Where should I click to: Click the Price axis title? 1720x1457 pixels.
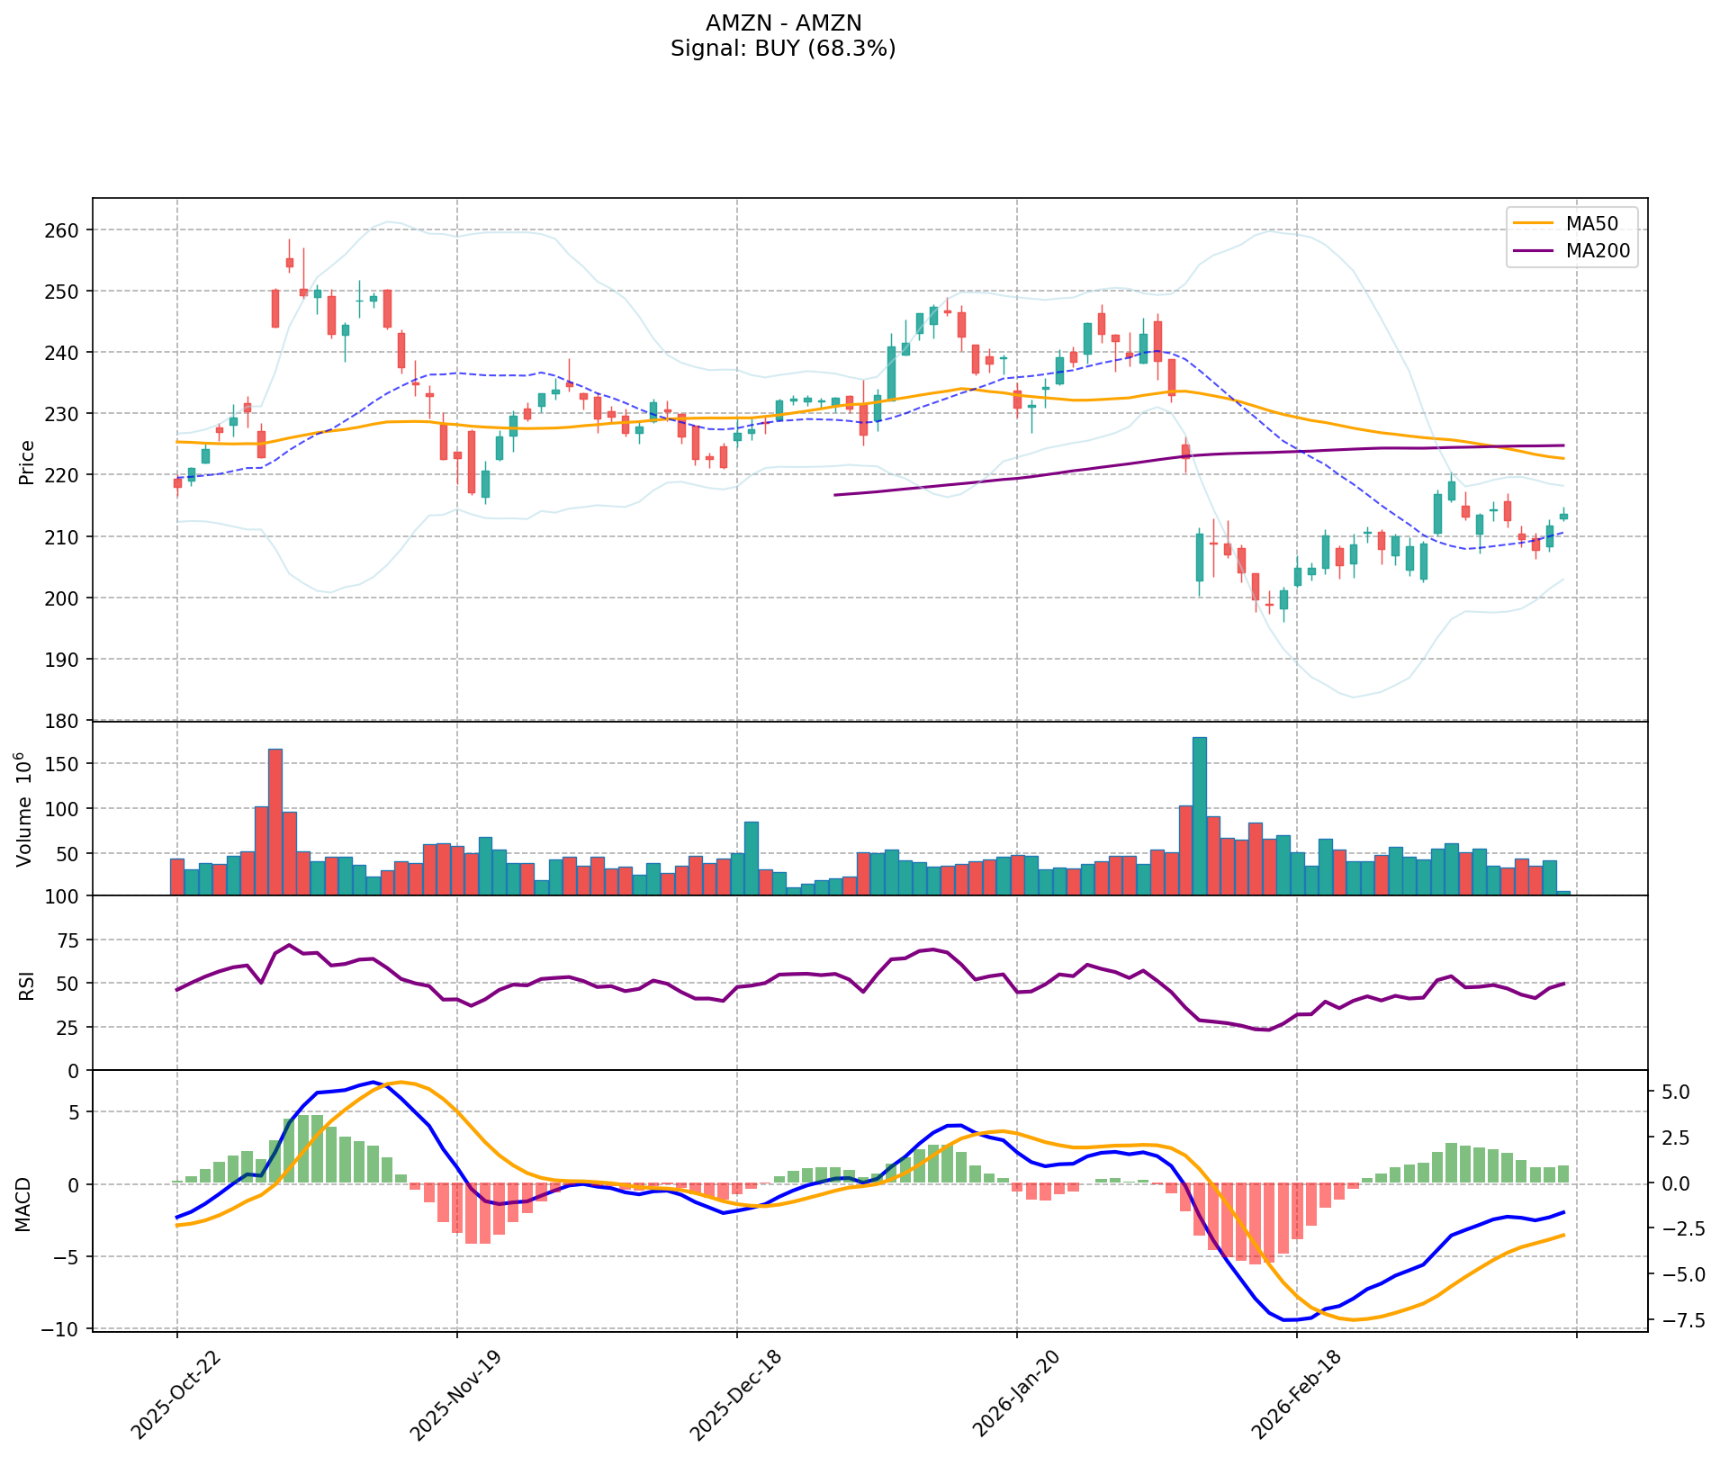pos(27,462)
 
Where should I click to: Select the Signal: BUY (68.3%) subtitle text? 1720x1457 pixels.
pos(783,49)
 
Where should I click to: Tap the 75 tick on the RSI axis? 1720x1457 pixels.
pos(68,940)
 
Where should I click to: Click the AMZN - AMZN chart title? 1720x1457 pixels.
pos(783,22)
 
